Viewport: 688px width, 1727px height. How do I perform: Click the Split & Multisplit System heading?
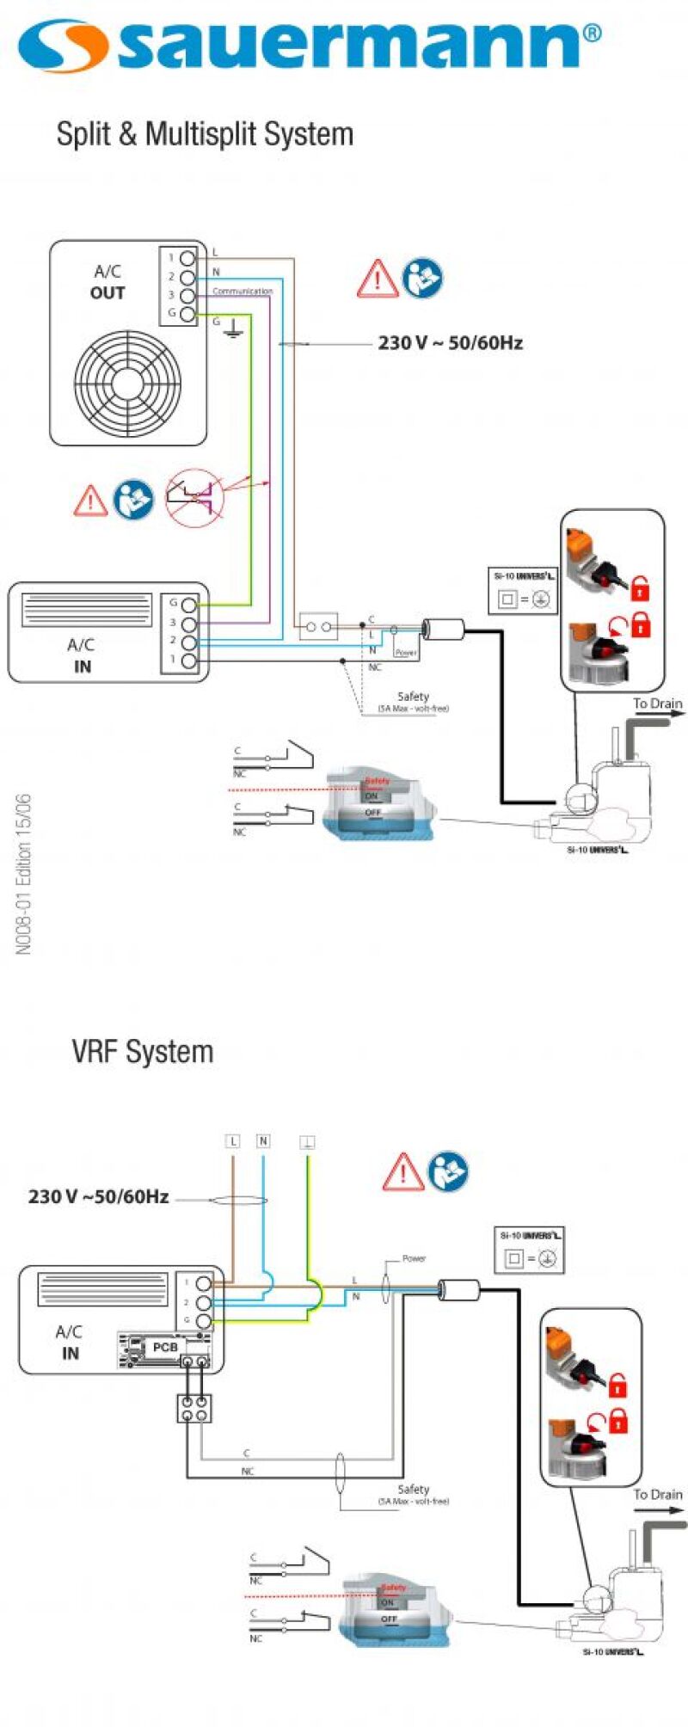coord(205,134)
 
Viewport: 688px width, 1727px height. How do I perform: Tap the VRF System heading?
coord(143,1051)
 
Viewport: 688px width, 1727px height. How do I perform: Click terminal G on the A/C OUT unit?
coord(187,314)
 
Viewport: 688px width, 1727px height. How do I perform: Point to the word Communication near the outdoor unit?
coord(242,292)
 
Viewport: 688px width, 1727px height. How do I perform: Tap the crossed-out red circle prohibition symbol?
coord(194,498)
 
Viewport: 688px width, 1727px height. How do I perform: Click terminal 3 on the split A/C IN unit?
coord(189,623)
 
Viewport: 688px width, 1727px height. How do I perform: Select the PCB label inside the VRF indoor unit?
coord(165,1347)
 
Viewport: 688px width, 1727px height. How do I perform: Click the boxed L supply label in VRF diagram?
coord(232,1141)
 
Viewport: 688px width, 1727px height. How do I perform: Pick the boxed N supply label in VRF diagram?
coord(263,1141)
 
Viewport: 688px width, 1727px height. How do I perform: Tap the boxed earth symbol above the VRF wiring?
coord(307,1142)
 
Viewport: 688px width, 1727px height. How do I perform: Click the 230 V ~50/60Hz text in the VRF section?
coord(98,1196)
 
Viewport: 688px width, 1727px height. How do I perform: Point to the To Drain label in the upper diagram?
coord(657,704)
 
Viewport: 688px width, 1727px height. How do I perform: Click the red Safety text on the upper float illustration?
coord(377,781)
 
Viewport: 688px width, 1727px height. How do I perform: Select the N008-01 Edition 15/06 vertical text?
coord(23,874)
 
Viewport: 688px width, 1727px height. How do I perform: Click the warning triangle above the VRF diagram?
coord(402,1172)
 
